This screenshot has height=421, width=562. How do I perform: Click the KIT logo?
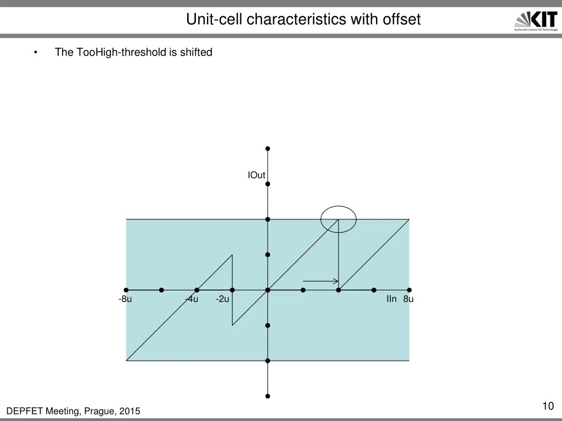tap(536, 21)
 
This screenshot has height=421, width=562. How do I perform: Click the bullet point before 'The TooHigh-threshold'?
tap(36, 53)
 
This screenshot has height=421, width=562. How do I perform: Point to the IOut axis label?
tap(256, 175)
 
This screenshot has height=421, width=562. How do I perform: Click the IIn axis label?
tap(391, 299)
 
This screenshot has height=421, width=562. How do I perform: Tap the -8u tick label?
tap(125, 299)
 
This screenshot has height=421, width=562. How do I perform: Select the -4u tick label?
tap(192, 299)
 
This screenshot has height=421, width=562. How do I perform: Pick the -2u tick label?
tap(222, 299)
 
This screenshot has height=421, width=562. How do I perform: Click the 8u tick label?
tap(408, 299)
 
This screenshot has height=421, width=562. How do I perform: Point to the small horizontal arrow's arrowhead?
tap(336, 281)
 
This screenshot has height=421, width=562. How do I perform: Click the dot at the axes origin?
tap(268, 290)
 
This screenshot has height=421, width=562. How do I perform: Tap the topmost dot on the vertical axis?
tap(268, 149)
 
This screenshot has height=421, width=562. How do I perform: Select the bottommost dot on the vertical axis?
tap(268, 396)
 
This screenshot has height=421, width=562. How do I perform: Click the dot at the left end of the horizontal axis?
tap(126, 290)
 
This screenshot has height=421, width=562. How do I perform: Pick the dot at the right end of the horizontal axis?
tap(409, 290)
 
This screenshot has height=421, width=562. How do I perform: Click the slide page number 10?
tap(547, 406)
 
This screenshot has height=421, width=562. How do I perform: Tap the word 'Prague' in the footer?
tap(96, 411)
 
